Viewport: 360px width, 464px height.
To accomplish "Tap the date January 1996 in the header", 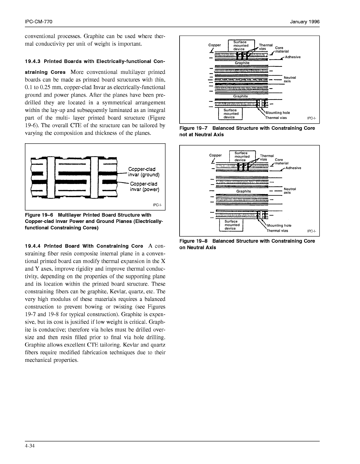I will [x=305, y=22].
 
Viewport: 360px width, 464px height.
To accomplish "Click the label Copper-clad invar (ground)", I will [x=144, y=172].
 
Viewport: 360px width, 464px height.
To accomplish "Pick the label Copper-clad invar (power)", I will [x=144, y=187].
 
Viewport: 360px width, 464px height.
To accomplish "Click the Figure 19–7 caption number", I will [x=193, y=128].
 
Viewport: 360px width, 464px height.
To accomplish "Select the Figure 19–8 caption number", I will [x=193, y=241].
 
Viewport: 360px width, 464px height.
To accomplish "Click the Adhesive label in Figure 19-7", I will [x=293, y=57].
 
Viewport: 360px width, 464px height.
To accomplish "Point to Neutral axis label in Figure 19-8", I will [x=290, y=191].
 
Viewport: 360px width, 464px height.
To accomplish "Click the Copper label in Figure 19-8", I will [x=215, y=155].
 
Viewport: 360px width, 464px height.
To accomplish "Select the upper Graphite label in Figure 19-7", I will [x=242, y=63].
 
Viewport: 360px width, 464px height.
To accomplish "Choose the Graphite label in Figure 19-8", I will [x=243, y=191].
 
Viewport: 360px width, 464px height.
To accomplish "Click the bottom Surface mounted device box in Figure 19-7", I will [x=231, y=114].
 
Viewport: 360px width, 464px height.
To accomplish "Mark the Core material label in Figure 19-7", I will [x=279, y=50].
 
